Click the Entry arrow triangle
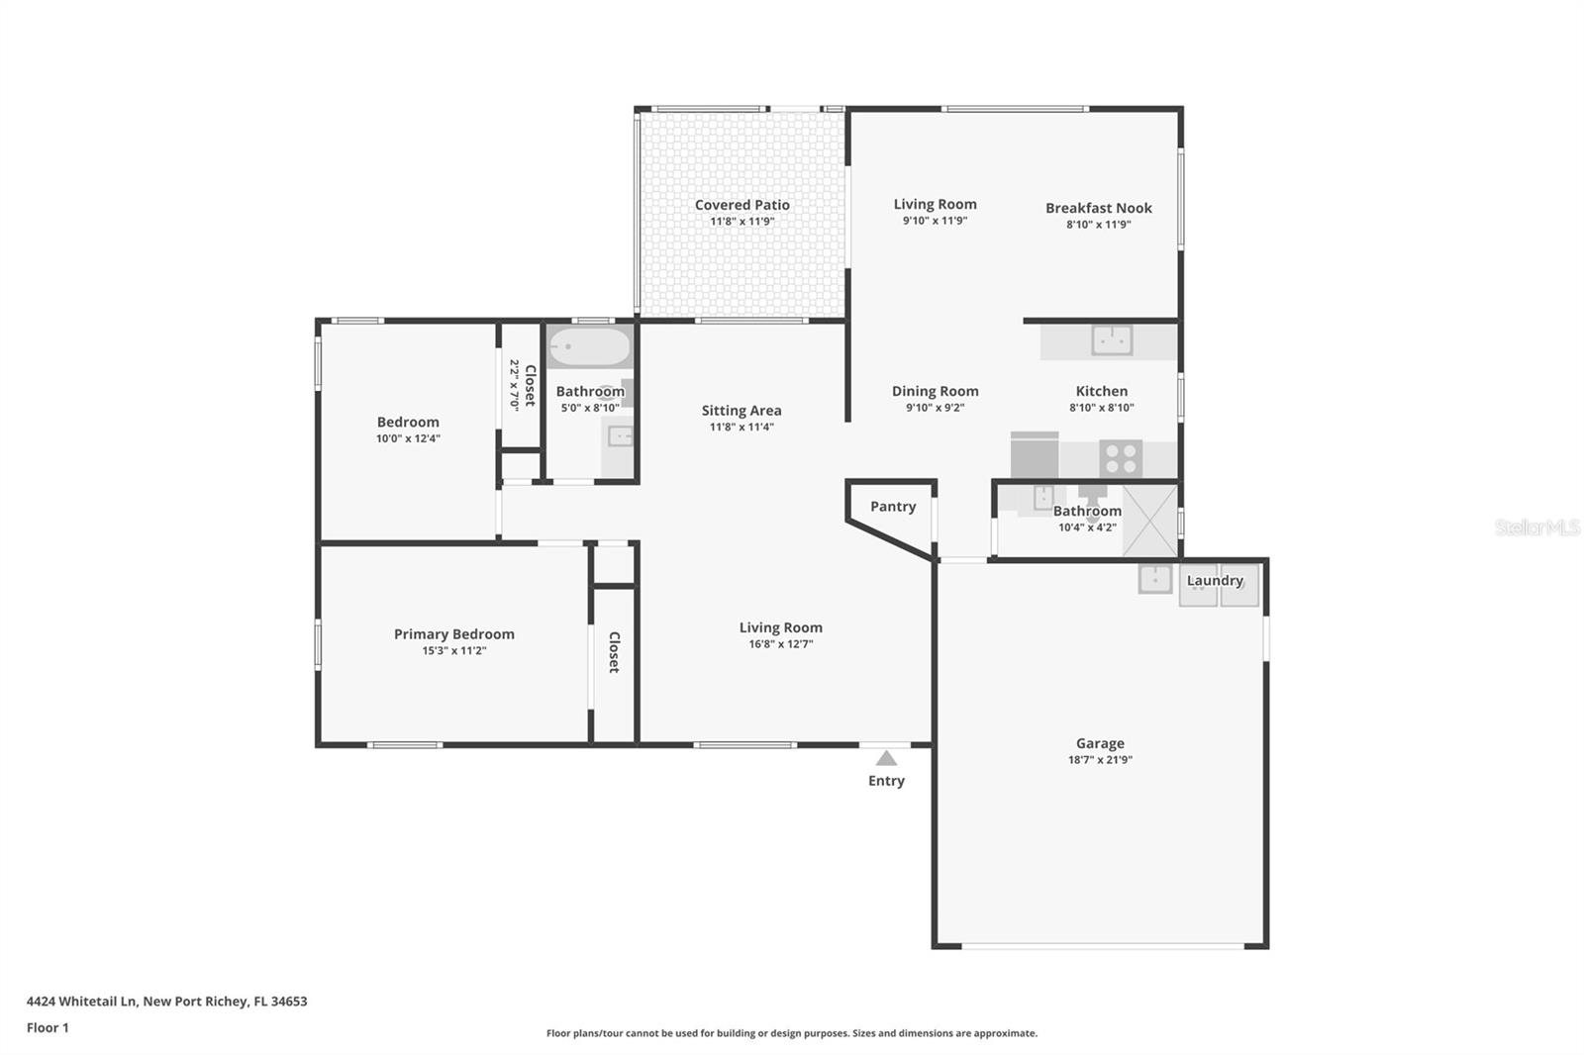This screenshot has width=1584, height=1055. [886, 758]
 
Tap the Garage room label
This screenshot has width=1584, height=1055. [1100, 743]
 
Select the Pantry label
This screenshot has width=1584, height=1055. [893, 506]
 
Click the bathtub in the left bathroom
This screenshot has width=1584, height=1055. [590, 347]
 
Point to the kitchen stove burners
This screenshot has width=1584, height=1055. [1121, 458]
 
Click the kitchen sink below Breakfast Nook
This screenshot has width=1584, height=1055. [1112, 340]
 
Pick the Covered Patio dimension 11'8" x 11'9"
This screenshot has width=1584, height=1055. [742, 222]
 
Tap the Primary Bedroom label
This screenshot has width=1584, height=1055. [453, 634]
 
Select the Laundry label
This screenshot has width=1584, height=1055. [1215, 580]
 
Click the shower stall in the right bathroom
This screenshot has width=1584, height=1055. [1150, 521]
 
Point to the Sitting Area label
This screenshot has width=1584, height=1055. [742, 411]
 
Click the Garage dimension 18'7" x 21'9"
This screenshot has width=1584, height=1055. [1100, 760]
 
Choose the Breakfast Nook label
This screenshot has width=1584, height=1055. [1099, 208]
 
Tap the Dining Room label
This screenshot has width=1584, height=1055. [935, 391]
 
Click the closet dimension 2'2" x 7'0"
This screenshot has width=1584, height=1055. [514, 385]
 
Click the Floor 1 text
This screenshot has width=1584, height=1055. [48, 1027]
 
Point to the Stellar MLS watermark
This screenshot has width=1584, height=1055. [1536, 527]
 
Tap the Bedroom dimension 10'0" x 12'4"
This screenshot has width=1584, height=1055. [408, 438]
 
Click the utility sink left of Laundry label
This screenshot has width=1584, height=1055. [1154, 578]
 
